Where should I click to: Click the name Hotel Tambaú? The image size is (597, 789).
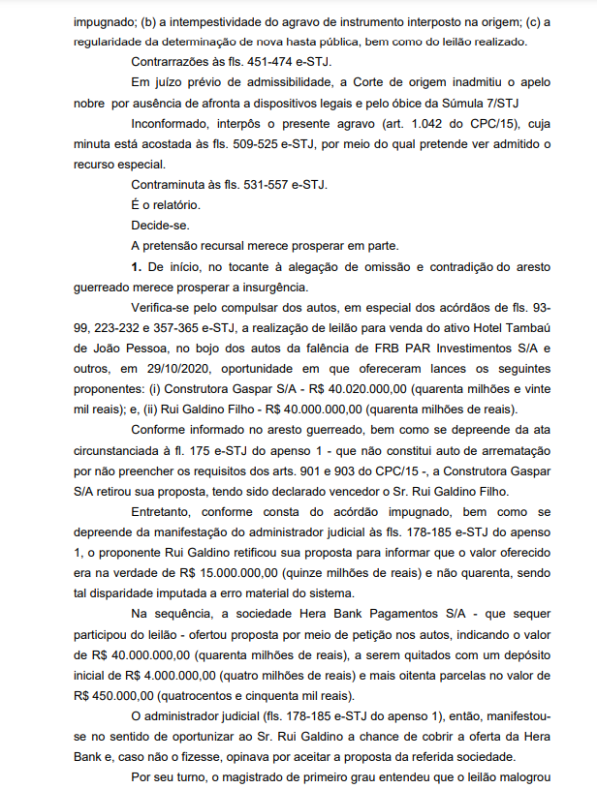click(504, 325)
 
